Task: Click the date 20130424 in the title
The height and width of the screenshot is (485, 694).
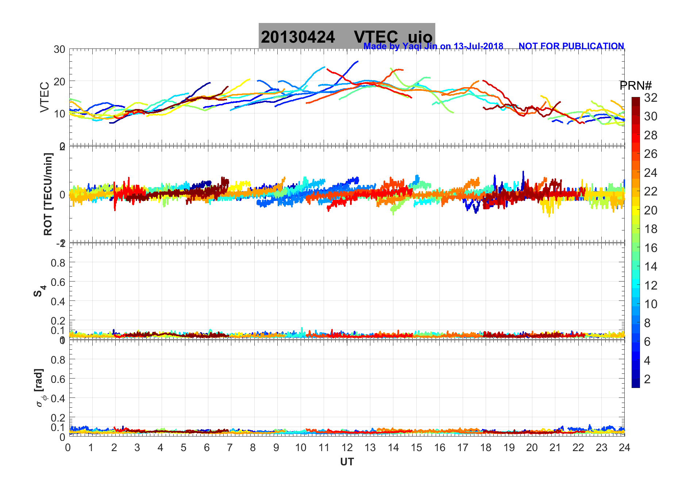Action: click(298, 37)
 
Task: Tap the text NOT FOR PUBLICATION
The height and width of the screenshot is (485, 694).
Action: click(571, 46)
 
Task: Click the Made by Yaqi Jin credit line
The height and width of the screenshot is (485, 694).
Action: click(433, 46)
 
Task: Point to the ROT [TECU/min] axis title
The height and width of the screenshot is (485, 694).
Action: click(48, 194)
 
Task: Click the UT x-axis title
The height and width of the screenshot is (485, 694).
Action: click(347, 462)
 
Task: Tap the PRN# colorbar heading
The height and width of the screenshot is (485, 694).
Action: click(635, 86)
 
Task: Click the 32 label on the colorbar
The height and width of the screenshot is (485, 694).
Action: click(651, 98)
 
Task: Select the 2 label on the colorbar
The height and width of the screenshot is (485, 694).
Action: click(647, 379)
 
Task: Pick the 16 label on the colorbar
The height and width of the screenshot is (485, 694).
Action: click(651, 248)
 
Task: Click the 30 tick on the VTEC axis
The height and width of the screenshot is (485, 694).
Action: click(59, 50)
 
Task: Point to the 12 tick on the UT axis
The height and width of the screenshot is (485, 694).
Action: click(347, 448)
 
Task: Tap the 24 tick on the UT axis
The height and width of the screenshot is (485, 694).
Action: click(624, 448)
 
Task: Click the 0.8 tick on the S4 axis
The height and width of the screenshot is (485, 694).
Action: click(58, 263)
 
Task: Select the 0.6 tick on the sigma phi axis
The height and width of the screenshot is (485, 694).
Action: click(58, 379)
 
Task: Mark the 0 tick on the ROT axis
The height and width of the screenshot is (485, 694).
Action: click(62, 195)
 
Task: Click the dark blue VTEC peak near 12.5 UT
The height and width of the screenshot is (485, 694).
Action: click(357, 62)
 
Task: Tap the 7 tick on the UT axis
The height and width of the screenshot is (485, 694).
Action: click(230, 448)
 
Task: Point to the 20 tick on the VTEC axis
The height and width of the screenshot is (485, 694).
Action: click(59, 81)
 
